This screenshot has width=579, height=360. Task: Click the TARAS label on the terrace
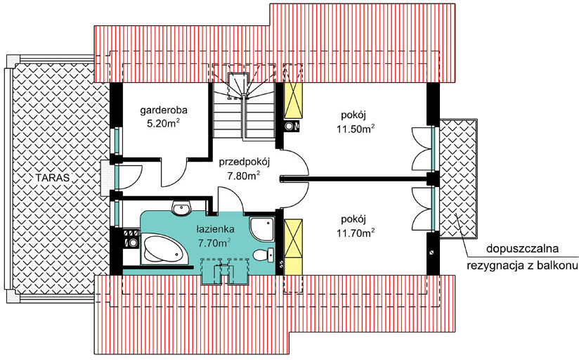tap(53, 177)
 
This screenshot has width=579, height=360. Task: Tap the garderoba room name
tap(164, 110)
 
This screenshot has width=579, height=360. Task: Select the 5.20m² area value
tap(164, 124)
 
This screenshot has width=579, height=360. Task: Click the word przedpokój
tap(245, 162)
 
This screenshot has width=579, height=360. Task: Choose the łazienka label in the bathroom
tap(215, 229)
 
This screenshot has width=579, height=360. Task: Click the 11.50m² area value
tap(356, 129)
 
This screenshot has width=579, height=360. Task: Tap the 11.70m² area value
tap(356, 233)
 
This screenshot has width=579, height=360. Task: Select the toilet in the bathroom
tap(264, 255)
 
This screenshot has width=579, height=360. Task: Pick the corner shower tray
tap(262, 230)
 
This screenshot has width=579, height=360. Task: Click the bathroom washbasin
tap(181, 207)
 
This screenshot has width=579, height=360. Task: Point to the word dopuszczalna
tap(522, 249)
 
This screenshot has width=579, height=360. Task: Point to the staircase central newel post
tap(244, 97)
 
